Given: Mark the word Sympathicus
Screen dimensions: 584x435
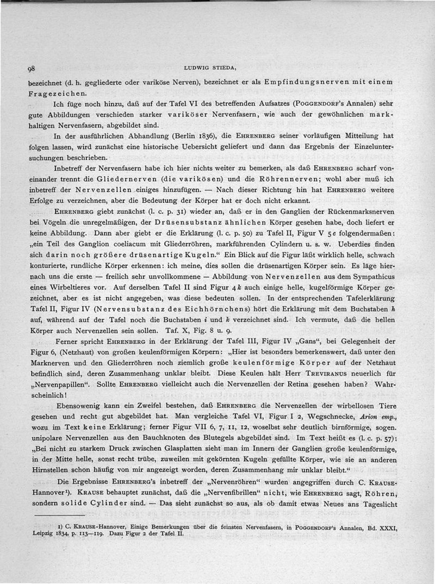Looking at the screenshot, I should click(x=383, y=279).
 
